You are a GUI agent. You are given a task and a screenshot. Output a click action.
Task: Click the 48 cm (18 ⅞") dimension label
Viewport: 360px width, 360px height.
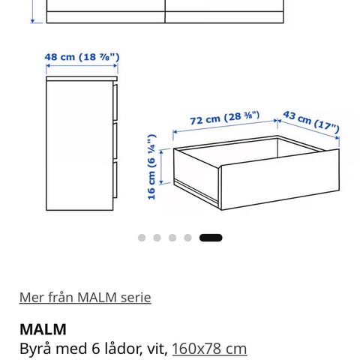point(82,57)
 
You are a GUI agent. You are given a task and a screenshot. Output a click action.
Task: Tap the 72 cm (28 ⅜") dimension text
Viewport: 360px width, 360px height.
point(225,118)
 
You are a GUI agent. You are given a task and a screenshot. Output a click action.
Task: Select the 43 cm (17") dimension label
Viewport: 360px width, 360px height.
point(311,122)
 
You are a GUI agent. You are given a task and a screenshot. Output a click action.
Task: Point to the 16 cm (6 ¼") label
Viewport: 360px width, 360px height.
point(152,166)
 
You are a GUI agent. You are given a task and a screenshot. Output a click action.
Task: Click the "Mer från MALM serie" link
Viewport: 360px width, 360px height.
point(85,298)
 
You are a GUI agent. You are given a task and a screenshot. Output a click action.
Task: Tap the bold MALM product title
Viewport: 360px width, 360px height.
point(43,329)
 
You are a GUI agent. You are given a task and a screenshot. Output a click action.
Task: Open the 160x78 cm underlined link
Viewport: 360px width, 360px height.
point(209,349)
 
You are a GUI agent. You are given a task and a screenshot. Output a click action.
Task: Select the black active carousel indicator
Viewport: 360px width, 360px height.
point(211,238)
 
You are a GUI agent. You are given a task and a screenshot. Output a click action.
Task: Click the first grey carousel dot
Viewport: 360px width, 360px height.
point(142,238)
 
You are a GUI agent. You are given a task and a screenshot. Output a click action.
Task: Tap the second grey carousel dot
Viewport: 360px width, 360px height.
point(157,238)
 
